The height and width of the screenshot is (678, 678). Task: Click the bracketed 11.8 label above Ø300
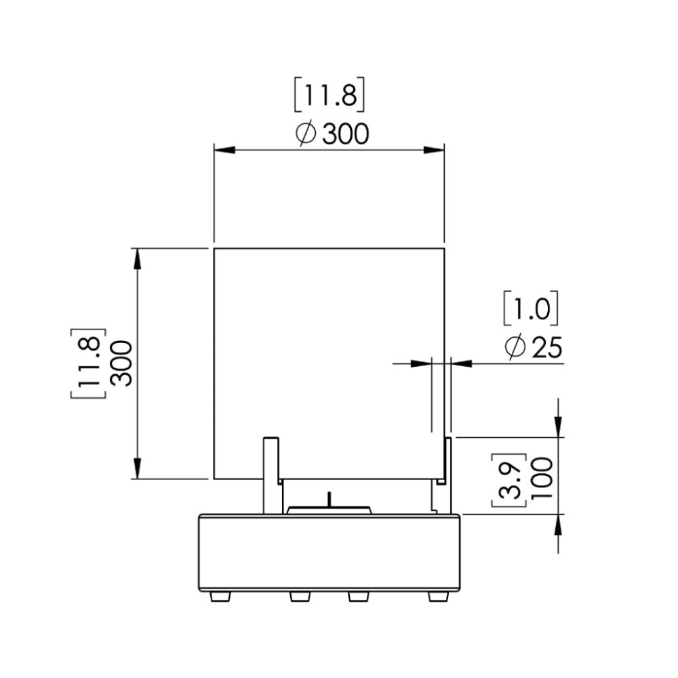point(330,96)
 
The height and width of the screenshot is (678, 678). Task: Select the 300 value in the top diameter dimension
point(345,134)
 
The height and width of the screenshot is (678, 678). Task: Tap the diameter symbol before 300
point(306,134)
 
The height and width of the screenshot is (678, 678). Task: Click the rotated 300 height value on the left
point(122,363)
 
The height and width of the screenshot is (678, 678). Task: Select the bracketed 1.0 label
point(531,309)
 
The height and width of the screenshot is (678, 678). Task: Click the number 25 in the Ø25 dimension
point(547,348)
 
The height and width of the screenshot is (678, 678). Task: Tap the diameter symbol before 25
point(515,348)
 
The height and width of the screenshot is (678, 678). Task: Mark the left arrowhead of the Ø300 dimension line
point(224,150)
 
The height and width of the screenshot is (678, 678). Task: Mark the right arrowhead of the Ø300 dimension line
point(435,150)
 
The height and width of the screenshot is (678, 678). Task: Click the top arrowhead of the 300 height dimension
point(138,258)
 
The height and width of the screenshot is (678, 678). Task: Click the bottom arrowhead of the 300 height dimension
point(138,469)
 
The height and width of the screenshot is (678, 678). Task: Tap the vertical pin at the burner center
point(330,499)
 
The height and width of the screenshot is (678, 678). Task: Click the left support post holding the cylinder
point(271,475)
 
